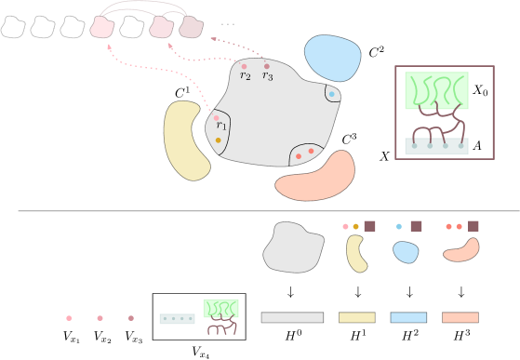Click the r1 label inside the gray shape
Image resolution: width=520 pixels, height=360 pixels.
[221, 127]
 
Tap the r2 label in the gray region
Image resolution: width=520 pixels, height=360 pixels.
[245, 76]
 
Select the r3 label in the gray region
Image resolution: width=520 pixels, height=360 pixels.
[267, 76]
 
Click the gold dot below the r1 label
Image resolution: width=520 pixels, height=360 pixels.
[219, 140]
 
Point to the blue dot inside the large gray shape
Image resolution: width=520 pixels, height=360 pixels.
[331, 94]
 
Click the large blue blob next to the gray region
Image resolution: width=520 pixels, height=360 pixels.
[332, 58]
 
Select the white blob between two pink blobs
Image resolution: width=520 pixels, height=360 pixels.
[131, 28]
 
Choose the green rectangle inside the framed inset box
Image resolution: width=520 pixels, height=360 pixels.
[436, 90]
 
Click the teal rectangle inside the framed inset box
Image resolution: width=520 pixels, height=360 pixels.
[436, 147]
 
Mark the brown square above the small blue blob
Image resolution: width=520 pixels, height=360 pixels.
[416, 226]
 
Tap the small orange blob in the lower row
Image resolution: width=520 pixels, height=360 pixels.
[461, 250]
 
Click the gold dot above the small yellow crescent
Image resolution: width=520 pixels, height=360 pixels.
[355, 226]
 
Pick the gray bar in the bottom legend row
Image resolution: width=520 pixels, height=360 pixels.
[292, 317]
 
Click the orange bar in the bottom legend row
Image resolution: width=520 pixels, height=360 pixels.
[460, 317]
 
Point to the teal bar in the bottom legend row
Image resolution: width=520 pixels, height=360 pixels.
[177, 318]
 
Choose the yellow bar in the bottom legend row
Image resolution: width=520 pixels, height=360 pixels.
[356, 317]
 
